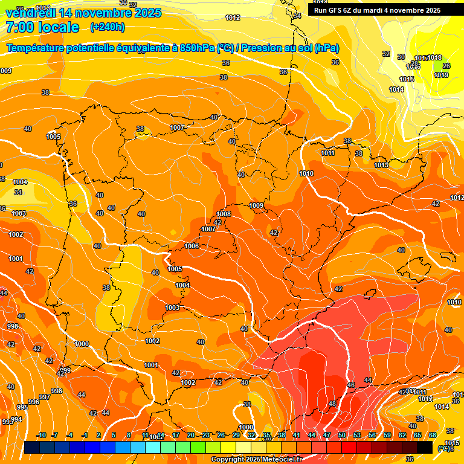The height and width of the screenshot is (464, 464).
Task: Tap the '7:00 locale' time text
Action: tap(42, 27)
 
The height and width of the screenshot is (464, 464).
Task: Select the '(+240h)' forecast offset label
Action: tap(108, 27)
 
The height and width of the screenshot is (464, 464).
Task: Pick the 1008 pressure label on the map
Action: tap(224, 214)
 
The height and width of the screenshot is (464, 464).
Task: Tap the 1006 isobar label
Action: tap(192, 246)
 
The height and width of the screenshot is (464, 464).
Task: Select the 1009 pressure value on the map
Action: tap(256, 206)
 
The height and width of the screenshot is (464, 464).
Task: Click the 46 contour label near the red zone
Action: tap(351, 385)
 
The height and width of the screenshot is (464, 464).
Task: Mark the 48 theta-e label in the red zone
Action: tap(332, 404)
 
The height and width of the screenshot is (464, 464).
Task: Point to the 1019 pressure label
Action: tap(441, 75)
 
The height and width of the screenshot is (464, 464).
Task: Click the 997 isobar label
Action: tap(44, 397)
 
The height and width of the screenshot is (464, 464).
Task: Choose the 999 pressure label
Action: tap(65, 370)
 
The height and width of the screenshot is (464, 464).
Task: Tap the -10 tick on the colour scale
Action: tap(42, 435)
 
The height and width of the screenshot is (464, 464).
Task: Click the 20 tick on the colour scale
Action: tap(191, 435)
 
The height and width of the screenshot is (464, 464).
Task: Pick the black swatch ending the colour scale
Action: tap(425, 447)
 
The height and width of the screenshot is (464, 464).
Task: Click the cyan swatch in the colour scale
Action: tap(153, 447)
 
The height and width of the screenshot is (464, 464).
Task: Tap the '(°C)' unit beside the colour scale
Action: tap(444, 448)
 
